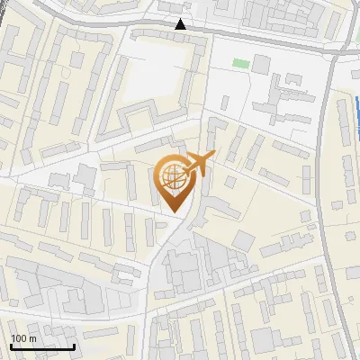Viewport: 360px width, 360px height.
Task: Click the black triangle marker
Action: point(181,25)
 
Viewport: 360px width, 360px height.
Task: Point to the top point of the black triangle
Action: point(181,20)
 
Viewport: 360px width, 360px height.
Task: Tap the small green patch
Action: point(239,63)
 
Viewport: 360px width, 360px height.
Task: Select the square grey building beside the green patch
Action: point(261,64)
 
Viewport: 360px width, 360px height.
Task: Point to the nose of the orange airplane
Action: point(214,157)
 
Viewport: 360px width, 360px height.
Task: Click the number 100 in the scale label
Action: point(18,338)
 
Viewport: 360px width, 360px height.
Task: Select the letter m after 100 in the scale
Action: point(31,338)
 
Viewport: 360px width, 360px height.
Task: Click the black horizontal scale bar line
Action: point(42,346)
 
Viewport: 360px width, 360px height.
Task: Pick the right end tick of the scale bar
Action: point(74,345)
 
